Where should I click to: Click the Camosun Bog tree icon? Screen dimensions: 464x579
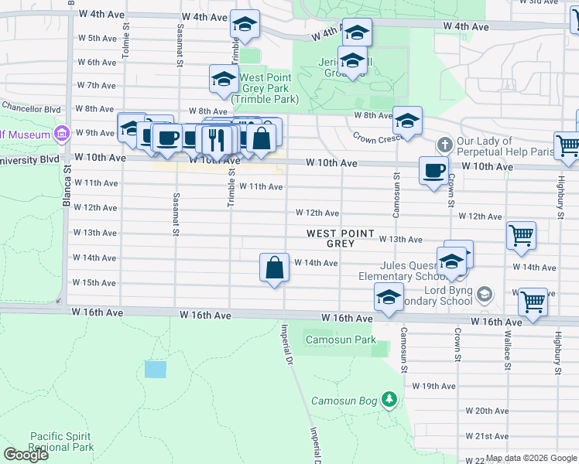point(390,400)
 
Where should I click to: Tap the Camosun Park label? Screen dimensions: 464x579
point(341,339)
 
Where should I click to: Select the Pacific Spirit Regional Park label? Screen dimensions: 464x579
point(62,442)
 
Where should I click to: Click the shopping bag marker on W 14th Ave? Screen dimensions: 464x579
point(274,268)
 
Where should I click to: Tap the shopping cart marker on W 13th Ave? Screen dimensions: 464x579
point(521,236)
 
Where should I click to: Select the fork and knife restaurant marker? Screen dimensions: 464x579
point(216,139)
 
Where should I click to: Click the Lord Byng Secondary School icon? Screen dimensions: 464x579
point(485,294)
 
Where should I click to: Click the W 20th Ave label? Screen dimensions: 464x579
point(487,411)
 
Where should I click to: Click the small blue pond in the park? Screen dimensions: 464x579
point(155,369)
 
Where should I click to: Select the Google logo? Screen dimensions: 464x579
point(26,455)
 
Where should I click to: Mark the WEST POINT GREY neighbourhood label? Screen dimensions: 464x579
point(341,238)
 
